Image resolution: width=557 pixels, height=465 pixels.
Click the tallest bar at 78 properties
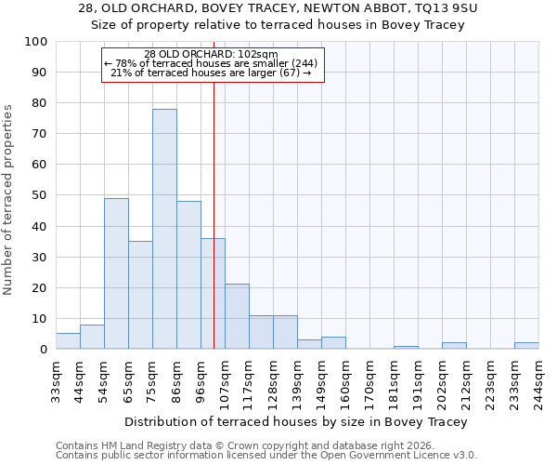point(164,229)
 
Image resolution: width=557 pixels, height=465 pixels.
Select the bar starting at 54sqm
point(116,273)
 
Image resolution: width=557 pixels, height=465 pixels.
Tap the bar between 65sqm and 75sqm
point(140,295)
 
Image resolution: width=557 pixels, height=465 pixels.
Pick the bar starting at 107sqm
point(237,316)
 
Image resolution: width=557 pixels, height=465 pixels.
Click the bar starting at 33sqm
point(68,341)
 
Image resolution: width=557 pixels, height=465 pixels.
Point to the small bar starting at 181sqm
point(406,347)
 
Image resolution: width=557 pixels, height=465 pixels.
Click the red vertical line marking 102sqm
point(214,205)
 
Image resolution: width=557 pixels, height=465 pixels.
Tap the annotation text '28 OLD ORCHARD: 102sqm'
point(212,54)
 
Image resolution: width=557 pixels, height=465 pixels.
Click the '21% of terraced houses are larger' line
point(212,73)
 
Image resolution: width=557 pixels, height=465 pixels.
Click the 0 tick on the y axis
point(44,350)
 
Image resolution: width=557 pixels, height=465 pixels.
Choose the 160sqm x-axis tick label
point(345,379)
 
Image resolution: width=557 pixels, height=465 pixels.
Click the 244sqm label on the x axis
point(538,379)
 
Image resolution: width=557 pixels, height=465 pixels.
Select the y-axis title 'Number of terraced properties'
point(9,200)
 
